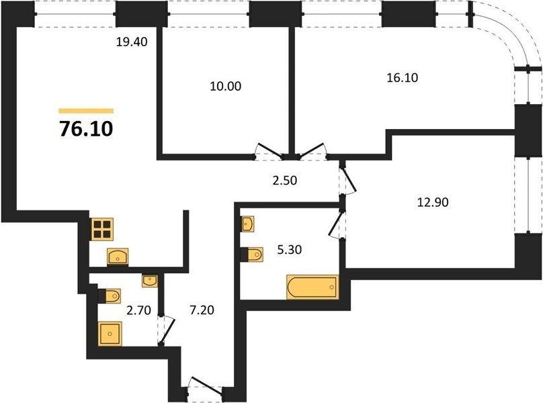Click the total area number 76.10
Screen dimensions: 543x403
click(86, 129)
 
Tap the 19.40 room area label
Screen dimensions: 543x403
click(132, 42)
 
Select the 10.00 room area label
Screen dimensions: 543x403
click(225, 86)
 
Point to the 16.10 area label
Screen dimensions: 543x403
click(402, 77)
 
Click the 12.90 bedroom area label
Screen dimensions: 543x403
click(433, 202)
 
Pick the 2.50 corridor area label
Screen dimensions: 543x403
click(285, 181)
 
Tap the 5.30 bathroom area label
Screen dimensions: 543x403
click(290, 249)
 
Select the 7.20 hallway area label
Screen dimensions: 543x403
click(202, 310)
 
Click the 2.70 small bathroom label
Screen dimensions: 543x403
click(138, 310)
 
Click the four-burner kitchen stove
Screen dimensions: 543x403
click(103, 229)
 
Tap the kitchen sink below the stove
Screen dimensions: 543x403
click(118, 257)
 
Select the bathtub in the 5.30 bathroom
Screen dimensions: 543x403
click(312, 287)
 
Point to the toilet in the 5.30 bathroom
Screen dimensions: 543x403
click(252, 255)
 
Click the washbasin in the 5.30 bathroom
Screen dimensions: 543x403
click(247, 224)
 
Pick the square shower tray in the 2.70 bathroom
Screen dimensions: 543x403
click(110, 334)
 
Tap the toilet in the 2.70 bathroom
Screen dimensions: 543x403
click(110, 296)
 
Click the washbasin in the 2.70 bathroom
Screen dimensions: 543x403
click(150, 281)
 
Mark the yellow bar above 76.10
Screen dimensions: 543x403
click(86, 111)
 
